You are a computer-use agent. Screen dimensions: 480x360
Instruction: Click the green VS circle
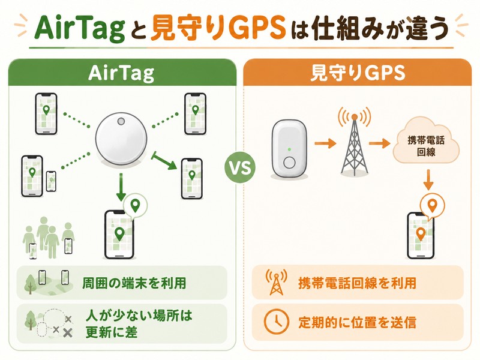(240, 167)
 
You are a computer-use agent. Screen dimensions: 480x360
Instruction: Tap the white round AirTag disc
(121, 138)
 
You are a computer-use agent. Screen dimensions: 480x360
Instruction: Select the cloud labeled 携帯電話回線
(426, 142)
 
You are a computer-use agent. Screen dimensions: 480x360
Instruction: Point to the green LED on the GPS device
(289, 149)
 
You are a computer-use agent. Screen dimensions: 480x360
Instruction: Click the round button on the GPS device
(289, 163)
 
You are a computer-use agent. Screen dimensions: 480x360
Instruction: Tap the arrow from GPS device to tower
(325, 143)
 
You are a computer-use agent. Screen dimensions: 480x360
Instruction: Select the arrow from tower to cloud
(380, 143)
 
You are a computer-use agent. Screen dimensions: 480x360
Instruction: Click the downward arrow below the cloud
(428, 179)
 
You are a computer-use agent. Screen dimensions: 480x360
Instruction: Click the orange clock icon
(276, 322)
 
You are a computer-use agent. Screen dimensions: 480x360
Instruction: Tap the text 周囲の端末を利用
(134, 283)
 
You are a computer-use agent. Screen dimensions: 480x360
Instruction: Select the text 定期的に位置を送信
(357, 322)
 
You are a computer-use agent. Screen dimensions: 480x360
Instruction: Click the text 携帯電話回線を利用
(357, 283)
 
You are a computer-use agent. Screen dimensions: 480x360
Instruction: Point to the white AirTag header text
(121, 73)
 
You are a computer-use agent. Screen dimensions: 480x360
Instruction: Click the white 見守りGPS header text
(358, 73)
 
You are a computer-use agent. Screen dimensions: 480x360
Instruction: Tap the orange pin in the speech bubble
(432, 205)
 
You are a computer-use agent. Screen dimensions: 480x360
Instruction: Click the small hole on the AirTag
(121, 121)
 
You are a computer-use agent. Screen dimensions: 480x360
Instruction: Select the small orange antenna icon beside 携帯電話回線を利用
(277, 282)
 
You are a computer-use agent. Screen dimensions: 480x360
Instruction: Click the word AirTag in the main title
(80, 29)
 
